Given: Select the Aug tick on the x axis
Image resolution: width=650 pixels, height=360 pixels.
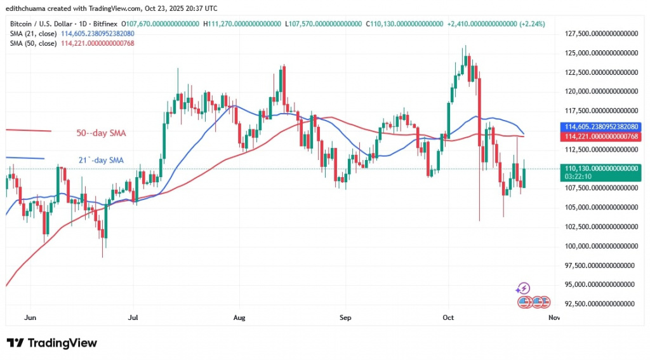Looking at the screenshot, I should [x=239, y=316].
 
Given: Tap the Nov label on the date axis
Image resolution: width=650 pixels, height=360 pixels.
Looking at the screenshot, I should [x=554, y=316].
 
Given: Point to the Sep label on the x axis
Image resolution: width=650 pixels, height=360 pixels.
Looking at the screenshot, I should [x=345, y=316].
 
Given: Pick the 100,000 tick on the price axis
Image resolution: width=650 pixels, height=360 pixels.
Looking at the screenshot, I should [x=599, y=246].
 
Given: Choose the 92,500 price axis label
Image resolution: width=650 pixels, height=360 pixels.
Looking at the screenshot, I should [x=599, y=303].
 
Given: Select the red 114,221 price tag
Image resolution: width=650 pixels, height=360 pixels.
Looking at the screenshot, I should [x=599, y=137].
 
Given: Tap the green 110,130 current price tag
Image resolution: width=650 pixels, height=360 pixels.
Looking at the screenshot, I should [x=599, y=168].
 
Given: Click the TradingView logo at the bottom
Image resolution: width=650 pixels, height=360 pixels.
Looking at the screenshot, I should [x=52, y=343].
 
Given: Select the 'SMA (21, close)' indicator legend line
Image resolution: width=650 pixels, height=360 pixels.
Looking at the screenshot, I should [x=71, y=33].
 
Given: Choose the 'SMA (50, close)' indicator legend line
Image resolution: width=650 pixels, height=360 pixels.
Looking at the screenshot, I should [x=71, y=43].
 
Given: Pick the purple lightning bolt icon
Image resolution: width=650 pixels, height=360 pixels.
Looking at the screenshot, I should [x=524, y=288].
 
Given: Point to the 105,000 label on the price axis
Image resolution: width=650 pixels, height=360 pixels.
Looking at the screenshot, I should [x=599, y=207].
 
